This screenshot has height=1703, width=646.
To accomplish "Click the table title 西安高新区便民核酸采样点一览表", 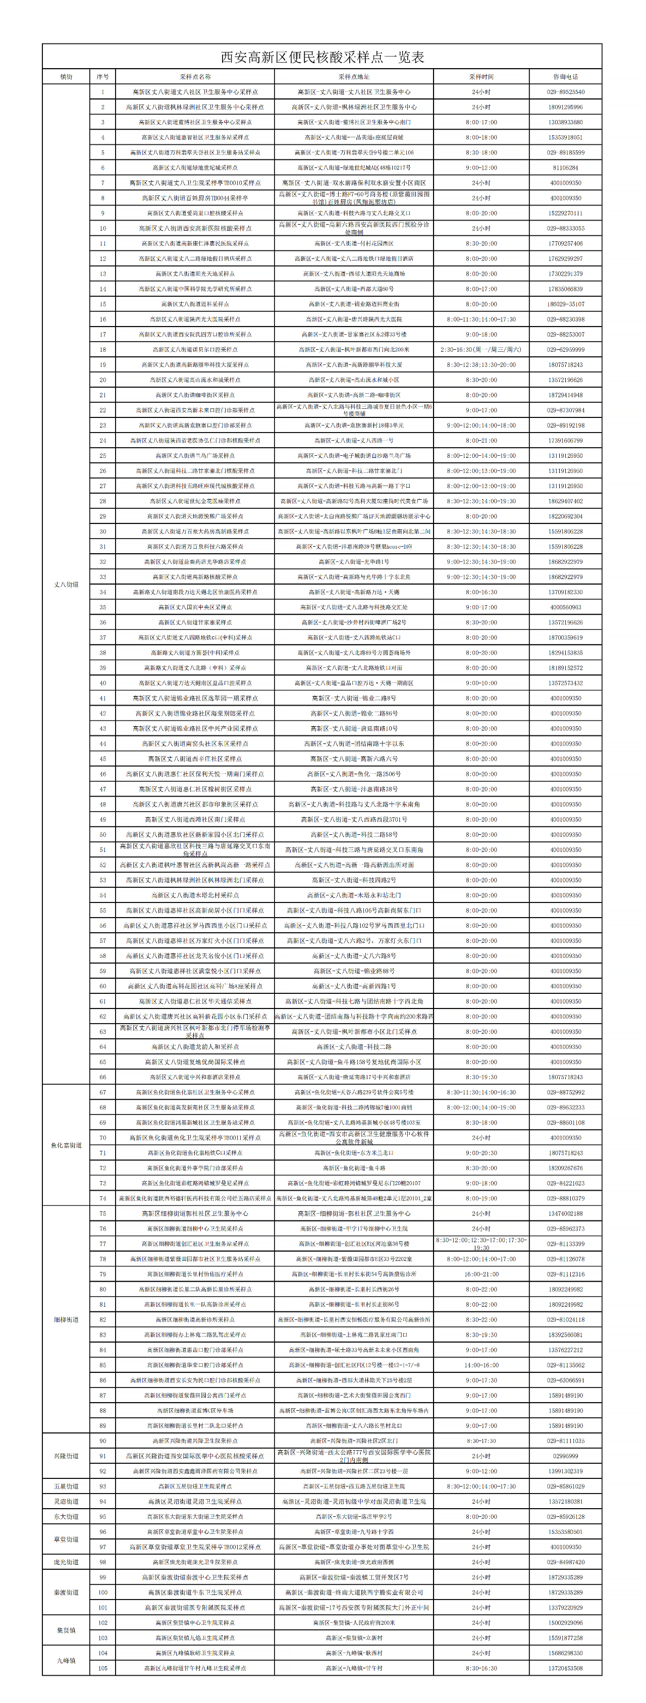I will (322, 57).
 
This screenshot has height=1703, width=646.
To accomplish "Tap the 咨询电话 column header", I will (565, 77).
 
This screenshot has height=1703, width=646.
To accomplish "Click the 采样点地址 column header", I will (354, 77).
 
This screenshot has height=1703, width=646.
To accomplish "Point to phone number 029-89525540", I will (565, 92).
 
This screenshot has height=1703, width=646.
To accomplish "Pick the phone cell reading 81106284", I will (565, 168).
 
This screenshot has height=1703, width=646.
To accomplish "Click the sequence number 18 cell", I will (102, 350).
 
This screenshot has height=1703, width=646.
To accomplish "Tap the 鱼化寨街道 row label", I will (66, 1145).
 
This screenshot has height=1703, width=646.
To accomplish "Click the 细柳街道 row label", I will (66, 1319).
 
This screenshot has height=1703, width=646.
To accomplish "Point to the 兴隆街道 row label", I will (66, 1456).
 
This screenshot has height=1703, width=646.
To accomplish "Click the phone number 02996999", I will (565, 1456).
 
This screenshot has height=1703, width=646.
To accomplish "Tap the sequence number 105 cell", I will (102, 1668).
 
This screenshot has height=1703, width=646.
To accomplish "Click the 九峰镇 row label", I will (66, 1661).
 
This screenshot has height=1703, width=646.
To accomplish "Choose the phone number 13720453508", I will (565, 1668).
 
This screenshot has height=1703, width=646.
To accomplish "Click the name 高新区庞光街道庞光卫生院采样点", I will (195, 1562).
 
